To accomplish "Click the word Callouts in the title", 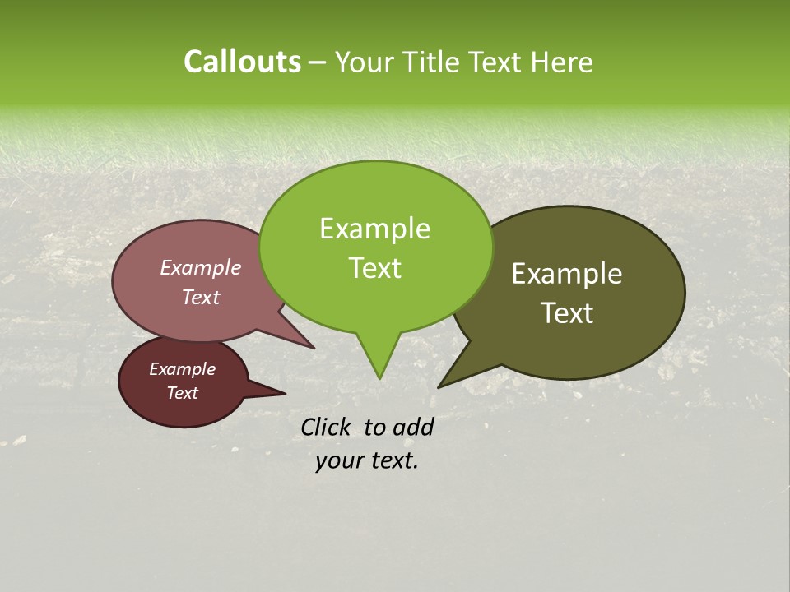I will click(x=242, y=62).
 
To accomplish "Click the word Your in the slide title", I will click(x=367, y=62).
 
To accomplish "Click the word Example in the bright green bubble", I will click(x=374, y=229).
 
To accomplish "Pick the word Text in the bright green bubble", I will click(x=374, y=268).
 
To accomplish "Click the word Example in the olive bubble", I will click(x=567, y=274).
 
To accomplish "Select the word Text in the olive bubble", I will click(x=567, y=313).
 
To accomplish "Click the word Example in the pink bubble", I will click(x=200, y=267).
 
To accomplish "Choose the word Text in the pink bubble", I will click(x=200, y=297).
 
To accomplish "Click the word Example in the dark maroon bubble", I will click(x=182, y=369).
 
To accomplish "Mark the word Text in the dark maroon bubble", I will click(x=182, y=393).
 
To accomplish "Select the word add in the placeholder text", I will click(x=413, y=427).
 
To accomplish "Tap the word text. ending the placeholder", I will click(x=393, y=460).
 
